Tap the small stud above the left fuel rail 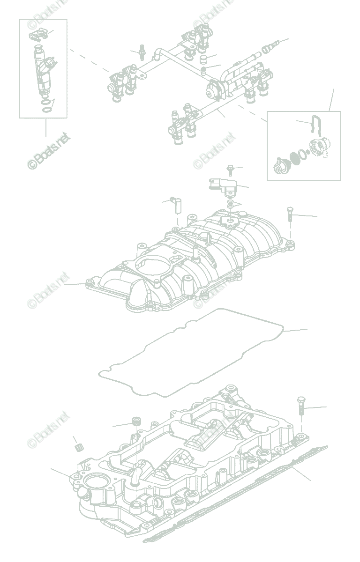coord(140,52)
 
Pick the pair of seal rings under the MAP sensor coord(231,205)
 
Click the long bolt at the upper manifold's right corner coord(290,216)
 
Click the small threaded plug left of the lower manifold coord(79,447)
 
